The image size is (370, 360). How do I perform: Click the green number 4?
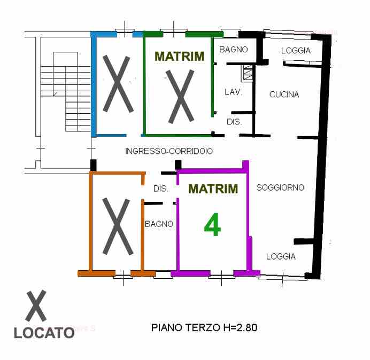pos(212,225)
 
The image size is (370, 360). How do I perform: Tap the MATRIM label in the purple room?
pos(213,189)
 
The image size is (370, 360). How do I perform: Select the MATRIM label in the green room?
pos(179,56)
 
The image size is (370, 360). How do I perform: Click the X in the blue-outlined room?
pos(118,84)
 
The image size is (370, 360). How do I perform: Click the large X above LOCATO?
pos(36,307)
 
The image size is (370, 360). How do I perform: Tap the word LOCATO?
pos(44,333)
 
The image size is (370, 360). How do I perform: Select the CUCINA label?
pos(284,95)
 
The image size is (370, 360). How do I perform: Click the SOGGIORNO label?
pos(280,187)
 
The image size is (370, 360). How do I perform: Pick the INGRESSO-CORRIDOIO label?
pos(169,151)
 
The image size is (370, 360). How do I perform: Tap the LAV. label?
pos(234,92)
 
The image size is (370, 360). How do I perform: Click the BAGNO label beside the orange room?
pos(159,224)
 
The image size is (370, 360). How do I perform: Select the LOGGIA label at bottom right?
pos(281,256)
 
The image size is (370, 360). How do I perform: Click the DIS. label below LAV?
pos(234,122)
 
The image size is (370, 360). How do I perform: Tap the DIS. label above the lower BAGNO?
pos(161,189)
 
